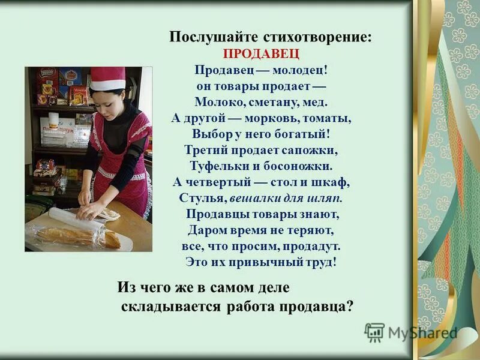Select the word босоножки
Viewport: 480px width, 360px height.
pos(295,166)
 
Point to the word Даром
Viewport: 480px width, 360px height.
pos(208,230)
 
